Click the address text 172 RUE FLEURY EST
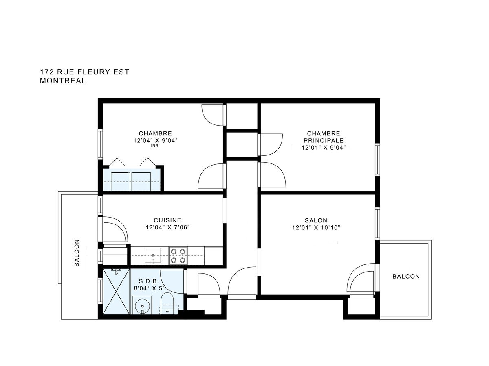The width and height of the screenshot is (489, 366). [x=84, y=72]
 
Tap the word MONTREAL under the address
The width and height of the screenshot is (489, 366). [x=63, y=81]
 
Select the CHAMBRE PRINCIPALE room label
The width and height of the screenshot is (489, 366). [x=324, y=137]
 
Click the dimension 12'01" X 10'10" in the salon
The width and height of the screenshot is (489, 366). [x=316, y=228]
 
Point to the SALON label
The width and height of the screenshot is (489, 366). [x=316, y=220]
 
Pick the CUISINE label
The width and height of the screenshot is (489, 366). [x=167, y=220]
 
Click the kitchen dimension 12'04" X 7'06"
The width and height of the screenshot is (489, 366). [x=167, y=227]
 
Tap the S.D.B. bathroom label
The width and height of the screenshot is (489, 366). [x=149, y=281]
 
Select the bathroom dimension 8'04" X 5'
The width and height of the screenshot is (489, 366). [x=149, y=288]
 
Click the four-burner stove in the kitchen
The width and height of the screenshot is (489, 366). [x=178, y=256]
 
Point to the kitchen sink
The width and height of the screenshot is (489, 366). [x=153, y=255]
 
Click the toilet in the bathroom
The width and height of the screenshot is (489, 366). [x=167, y=303]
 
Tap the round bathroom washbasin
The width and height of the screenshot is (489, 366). [x=142, y=305]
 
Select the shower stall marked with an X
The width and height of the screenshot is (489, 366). [x=116, y=291]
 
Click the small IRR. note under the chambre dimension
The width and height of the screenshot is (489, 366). [x=155, y=146]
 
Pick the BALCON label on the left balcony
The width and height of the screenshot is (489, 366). [x=77, y=253]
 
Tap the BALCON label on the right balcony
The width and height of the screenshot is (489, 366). [x=406, y=276]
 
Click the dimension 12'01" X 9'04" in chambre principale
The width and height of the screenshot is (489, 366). [x=324, y=148]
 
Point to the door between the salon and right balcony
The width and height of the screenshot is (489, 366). [x=362, y=280]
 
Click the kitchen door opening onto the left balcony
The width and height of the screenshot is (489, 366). [x=114, y=231]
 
